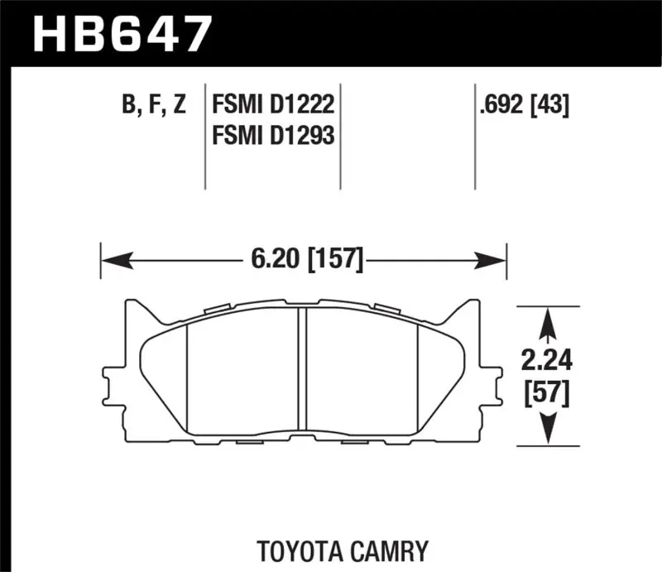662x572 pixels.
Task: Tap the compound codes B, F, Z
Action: click(x=155, y=106)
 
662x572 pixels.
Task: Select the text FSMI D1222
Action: click(x=273, y=106)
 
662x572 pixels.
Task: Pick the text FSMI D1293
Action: click(x=273, y=134)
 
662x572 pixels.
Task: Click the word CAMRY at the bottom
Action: click(x=390, y=550)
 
